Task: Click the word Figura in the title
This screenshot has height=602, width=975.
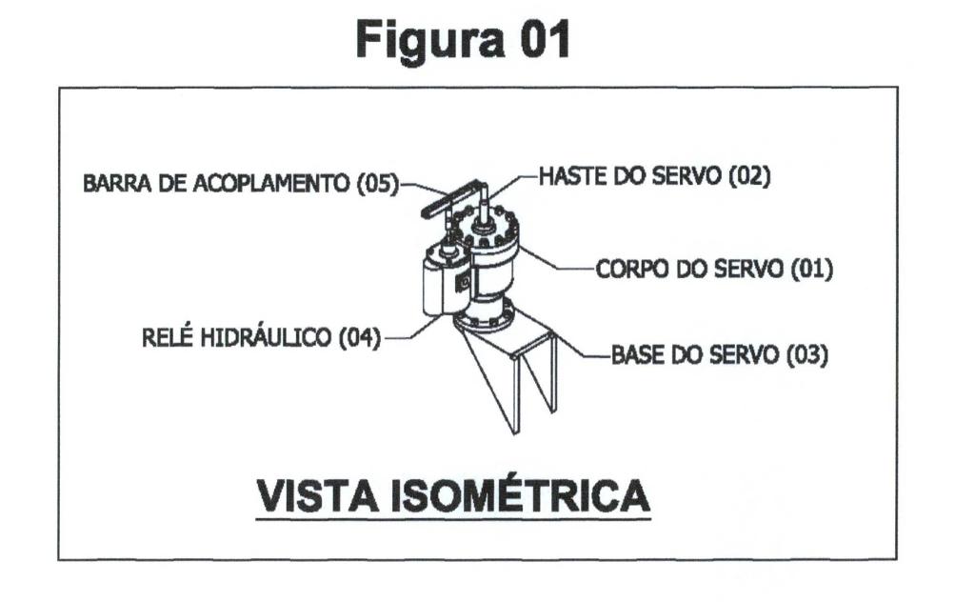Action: click(x=430, y=41)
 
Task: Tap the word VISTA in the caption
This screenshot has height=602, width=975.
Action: click(x=318, y=495)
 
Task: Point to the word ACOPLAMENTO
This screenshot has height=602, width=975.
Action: click(x=271, y=184)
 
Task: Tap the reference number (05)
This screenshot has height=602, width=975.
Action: click(x=377, y=184)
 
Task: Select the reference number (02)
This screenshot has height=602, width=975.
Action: click(x=749, y=176)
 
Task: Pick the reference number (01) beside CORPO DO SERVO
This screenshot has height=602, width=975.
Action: click(x=811, y=270)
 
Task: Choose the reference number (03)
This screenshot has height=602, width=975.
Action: click(x=807, y=355)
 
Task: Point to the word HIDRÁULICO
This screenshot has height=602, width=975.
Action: click(x=267, y=338)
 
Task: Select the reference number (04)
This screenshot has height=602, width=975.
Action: click(x=359, y=338)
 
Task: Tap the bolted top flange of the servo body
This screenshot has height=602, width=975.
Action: click(x=485, y=226)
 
